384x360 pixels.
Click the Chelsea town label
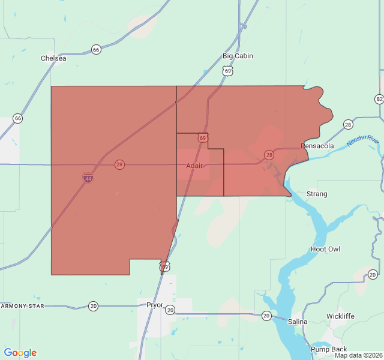pos(53,58)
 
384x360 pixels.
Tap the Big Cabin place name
pos(238,56)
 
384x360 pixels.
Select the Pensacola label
pos(317,146)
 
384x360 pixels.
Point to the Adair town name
pos(194,166)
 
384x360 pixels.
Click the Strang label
pos(317,194)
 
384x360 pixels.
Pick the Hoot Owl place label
pos(325,249)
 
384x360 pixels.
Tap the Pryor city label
pos(155,305)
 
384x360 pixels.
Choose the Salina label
pos(298,322)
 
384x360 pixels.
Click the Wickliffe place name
pos(340,316)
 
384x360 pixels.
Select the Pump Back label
pos(329,349)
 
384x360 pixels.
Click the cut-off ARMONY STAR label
pos(23,306)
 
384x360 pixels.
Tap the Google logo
pos(20,353)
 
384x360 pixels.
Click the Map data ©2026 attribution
pos(358,355)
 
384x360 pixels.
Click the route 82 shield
pos(379,99)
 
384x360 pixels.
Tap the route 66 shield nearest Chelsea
pos(96,49)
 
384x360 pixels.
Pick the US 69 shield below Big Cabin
pos(227,71)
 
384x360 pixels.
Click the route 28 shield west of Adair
pos(120,164)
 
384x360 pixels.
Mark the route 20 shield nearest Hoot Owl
pos(373,274)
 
